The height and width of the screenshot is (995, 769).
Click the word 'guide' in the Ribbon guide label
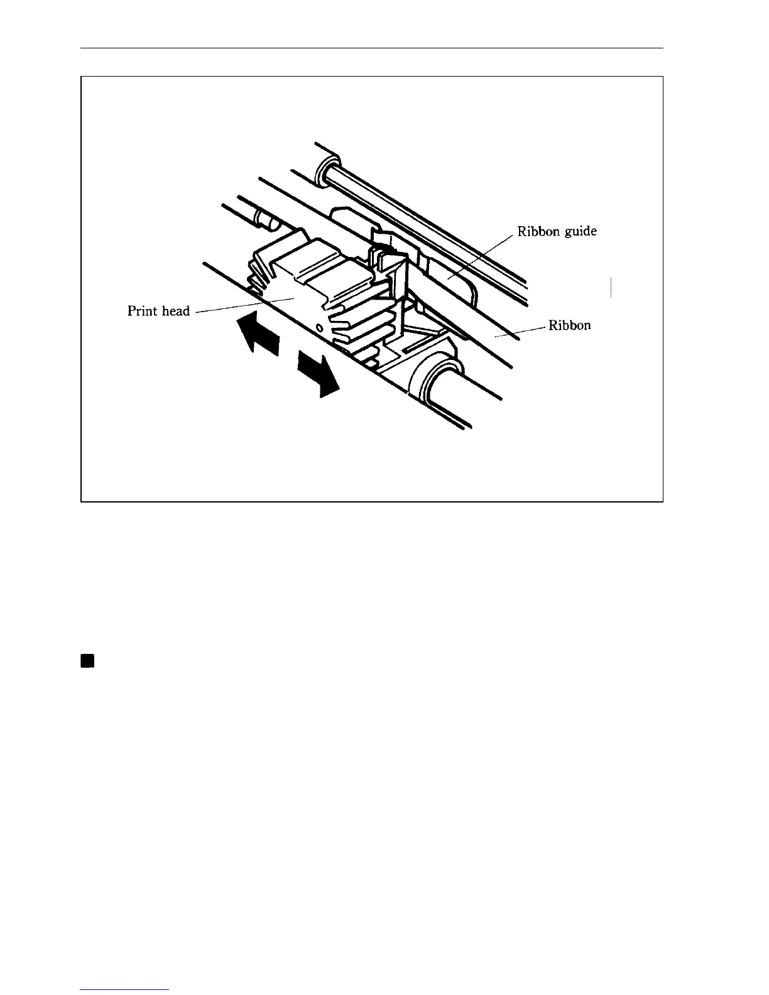coord(577,232)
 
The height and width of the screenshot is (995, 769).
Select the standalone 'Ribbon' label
coord(570,325)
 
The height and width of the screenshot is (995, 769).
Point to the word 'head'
coord(175,311)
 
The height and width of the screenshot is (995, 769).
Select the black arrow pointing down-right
coord(319,374)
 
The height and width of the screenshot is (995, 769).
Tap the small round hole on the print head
coord(319,328)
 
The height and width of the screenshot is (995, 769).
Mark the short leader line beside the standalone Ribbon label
coord(521,332)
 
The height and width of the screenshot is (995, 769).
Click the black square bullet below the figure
coord(87,660)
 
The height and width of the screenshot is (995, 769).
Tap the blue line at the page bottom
coord(125,989)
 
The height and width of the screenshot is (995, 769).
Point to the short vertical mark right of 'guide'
coord(611,286)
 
